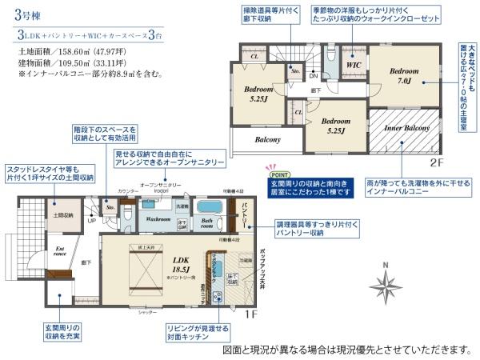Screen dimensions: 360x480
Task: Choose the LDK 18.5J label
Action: (179, 265)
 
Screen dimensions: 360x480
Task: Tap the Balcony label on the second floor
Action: (267, 139)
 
